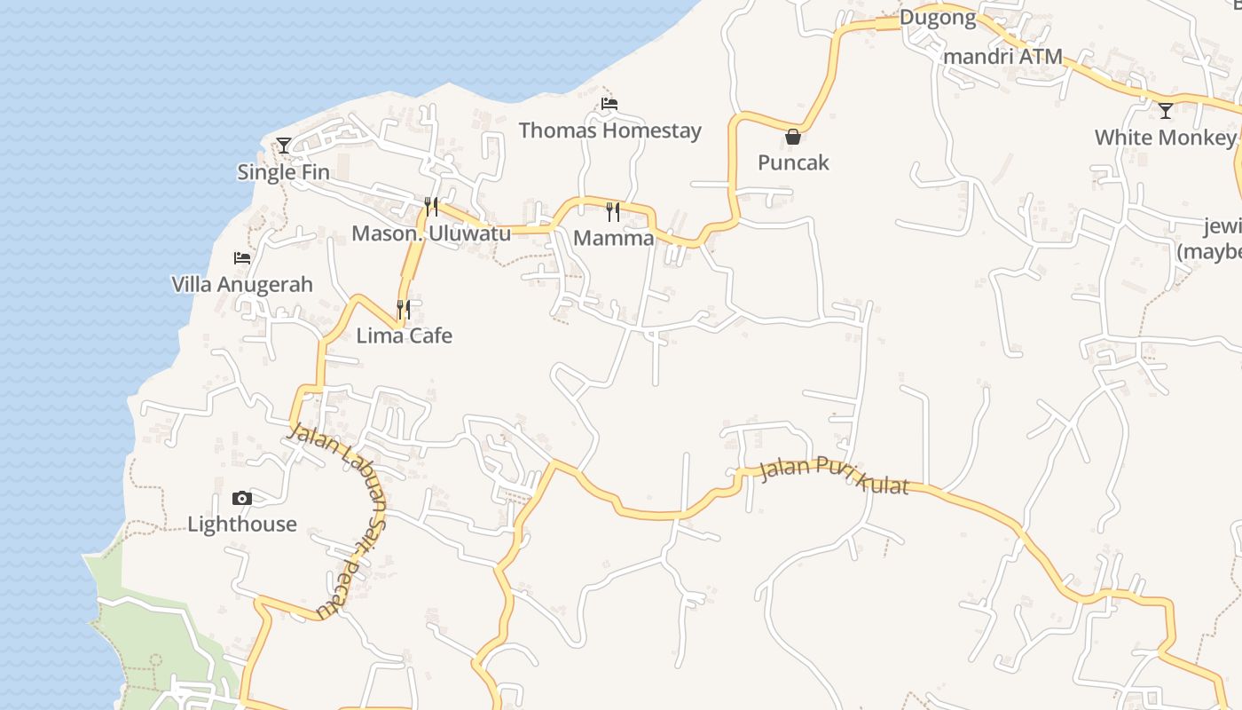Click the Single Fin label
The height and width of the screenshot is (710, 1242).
tap(283, 172)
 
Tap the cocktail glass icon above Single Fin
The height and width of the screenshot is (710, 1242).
tap(283, 145)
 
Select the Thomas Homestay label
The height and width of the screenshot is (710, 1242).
tap(609, 130)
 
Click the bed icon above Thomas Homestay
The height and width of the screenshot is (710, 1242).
tap(609, 104)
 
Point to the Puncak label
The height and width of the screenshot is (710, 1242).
tap(793, 162)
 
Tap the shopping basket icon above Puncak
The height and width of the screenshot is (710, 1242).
tap(793, 137)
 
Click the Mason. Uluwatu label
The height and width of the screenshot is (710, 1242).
tap(431, 233)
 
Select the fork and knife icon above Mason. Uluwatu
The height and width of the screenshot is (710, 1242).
tap(431, 207)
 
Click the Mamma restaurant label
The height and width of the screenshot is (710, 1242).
tap(613, 238)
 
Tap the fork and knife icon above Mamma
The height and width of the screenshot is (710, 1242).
tap(613, 211)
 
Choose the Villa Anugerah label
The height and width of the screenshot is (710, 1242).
tap(242, 285)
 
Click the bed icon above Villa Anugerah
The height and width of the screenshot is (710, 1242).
tap(242, 258)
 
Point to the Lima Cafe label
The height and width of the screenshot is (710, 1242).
tap(404, 335)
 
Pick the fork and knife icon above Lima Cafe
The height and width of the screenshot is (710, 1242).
tap(404, 309)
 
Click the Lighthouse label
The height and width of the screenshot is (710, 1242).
tap(242, 525)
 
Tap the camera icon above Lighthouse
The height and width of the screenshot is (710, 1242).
tap(242, 499)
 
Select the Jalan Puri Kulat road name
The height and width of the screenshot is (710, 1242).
tap(835, 476)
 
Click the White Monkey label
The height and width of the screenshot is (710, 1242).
tap(1165, 138)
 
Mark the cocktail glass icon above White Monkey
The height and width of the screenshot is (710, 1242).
tap(1166, 111)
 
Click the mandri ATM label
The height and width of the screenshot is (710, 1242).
tap(1003, 57)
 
